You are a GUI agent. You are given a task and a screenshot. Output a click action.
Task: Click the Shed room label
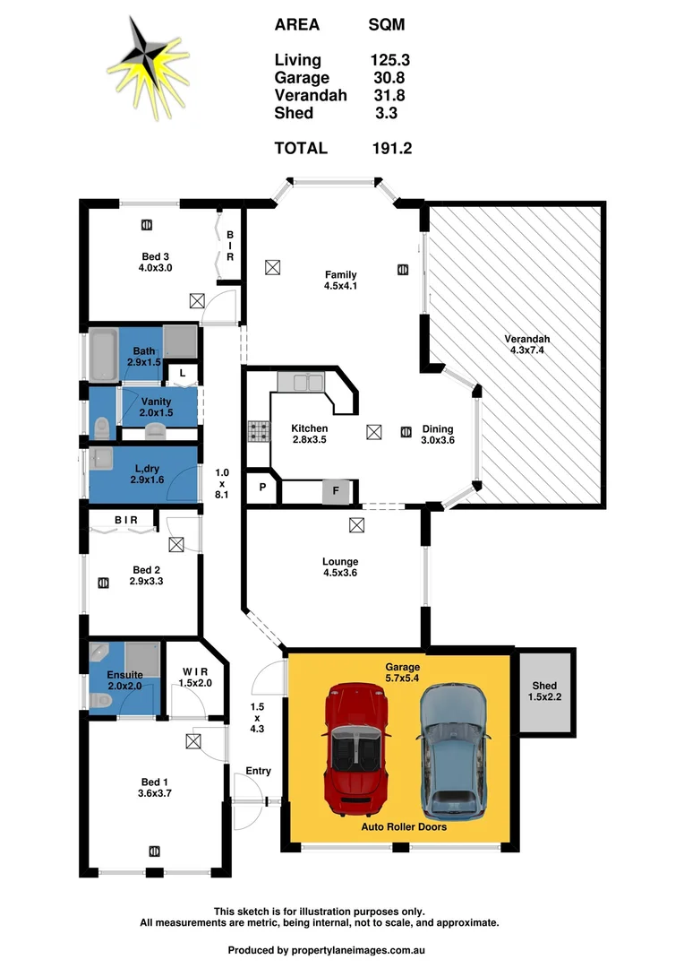(x=543, y=691)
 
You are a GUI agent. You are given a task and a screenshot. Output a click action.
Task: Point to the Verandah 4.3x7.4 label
(x=526, y=345)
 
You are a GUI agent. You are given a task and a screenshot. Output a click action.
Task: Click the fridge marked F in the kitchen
(x=336, y=491)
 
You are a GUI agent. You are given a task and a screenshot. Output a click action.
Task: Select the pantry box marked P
(x=262, y=488)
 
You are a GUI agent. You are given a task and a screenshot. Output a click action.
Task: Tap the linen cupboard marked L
(x=182, y=373)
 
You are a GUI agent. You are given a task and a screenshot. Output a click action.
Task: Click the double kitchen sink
(x=300, y=384)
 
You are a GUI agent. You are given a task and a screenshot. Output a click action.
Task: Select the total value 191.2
(x=391, y=149)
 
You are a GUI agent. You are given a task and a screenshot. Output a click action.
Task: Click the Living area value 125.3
(x=390, y=61)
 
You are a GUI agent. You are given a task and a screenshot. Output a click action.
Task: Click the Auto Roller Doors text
(x=403, y=827)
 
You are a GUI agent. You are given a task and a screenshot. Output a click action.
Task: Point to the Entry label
(x=258, y=771)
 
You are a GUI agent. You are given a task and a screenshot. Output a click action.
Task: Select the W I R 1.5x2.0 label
(x=194, y=677)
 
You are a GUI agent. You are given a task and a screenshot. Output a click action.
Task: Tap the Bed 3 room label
(x=154, y=262)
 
